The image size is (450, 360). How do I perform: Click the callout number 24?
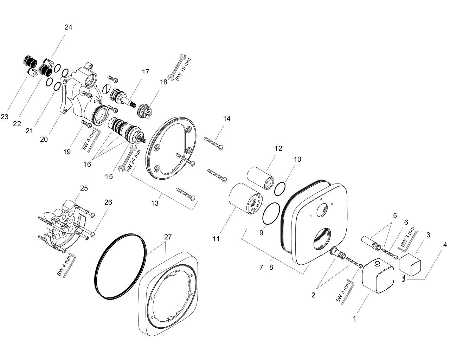point(68,27)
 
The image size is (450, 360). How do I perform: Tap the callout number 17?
point(146,72)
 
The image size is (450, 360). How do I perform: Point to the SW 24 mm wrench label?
point(134,160)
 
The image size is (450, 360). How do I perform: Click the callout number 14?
point(227,118)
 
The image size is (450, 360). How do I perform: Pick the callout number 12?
point(278,148)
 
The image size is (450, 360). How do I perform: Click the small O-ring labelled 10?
point(280,189)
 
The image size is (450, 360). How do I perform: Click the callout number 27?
point(168,237)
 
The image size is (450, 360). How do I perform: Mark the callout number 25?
point(84,188)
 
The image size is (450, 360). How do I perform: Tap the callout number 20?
point(44,139)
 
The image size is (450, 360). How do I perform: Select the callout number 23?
point(5,117)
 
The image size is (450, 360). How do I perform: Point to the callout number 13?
point(155,203)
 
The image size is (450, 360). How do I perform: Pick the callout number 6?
point(406,222)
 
